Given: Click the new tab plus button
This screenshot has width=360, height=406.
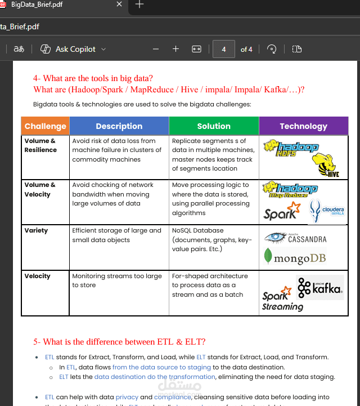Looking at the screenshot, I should pos(139,5).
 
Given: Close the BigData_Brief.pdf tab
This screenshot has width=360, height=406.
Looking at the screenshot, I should pos(119,5).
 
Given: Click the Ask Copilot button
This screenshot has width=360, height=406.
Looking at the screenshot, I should pos(73,49).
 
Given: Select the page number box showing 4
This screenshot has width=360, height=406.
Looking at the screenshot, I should pos(223,49).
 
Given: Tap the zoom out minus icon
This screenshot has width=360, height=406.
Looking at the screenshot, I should pos(156,49).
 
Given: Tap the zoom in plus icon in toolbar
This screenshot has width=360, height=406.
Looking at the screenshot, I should pos(175,49).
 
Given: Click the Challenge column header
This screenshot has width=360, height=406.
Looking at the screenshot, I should pos(45,126).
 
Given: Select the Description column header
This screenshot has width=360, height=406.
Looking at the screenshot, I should pos(119,126).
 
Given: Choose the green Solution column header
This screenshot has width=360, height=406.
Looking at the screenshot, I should pos(214,126).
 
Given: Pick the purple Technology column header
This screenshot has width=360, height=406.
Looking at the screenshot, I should pos(303,126).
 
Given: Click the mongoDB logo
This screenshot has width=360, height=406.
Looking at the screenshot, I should pos(295,258).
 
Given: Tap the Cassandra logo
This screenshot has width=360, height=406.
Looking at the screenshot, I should pos(296,238).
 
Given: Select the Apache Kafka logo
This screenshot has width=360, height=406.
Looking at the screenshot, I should pos(320,288).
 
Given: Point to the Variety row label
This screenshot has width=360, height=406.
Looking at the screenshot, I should pos(36,230).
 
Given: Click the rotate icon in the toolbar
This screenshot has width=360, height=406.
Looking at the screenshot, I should pos(272,49).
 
